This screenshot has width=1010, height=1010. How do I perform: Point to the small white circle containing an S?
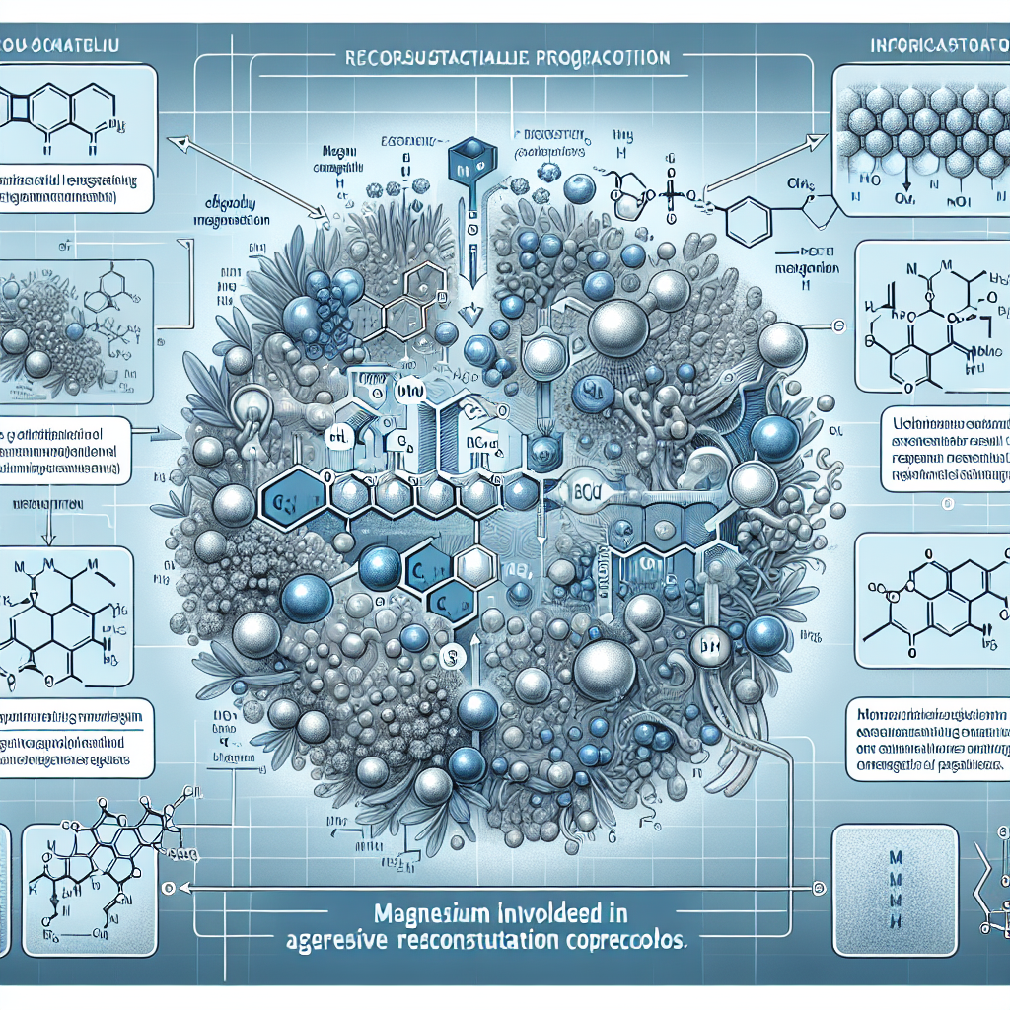[x=449, y=653]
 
